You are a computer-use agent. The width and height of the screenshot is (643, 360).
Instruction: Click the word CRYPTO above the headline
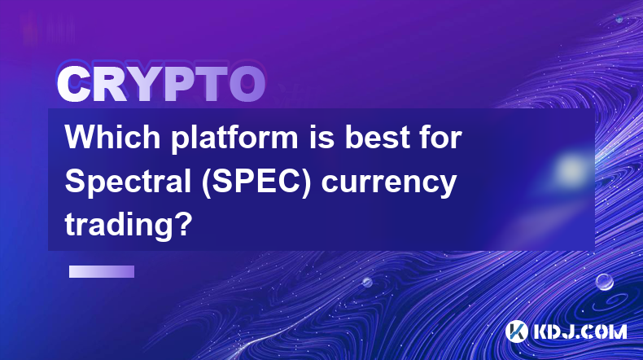pyautogui.click(x=161, y=85)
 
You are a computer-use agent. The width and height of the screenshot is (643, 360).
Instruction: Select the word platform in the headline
pyautogui.click(x=234, y=139)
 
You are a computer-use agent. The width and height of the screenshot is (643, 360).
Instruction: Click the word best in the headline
pyautogui.click(x=378, y=137)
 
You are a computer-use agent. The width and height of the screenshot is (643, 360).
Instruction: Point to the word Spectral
pyautogui.click(x=128, y=183)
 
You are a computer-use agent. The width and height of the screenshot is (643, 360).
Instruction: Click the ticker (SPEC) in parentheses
pyautogui.click(x=256, y=182)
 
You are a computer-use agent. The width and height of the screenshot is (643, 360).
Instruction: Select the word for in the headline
pyautogui.click(x=441, y=137)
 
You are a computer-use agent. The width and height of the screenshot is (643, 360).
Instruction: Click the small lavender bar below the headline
pyautogui.click(x=102, y=272)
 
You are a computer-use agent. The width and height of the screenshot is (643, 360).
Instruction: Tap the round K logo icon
pyautogui.click(x=516, y=331)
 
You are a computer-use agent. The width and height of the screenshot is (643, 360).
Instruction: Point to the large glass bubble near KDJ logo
pyautogui.click(x=605, y=283)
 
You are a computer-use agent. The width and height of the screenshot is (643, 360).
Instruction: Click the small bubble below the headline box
pyautogui.click(x=367, y=282)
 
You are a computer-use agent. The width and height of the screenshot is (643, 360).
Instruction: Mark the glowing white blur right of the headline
pyautogui.click(x=571, y=169)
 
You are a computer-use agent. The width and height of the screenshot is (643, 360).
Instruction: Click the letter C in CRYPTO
pyautogui.click(x=74, y=85)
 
